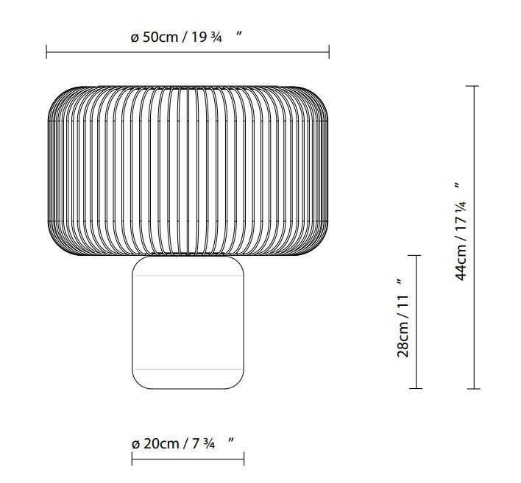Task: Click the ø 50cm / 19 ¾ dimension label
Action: click(x=186, y=37)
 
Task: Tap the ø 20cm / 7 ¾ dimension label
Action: click(x=182, y=443)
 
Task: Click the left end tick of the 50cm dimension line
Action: click(x=46, y=51)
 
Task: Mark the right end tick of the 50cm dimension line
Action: click(x=329, y=51)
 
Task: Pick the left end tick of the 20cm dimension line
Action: click(x=132, y=459)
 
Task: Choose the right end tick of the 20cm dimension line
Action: click(x=244, y=459)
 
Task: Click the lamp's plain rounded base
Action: click(x=188, y=323)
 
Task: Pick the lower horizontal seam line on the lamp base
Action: click(x=188, y=368)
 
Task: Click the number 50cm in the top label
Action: click(x=160, y=37)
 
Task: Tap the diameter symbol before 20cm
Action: click(x=135, y=444)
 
